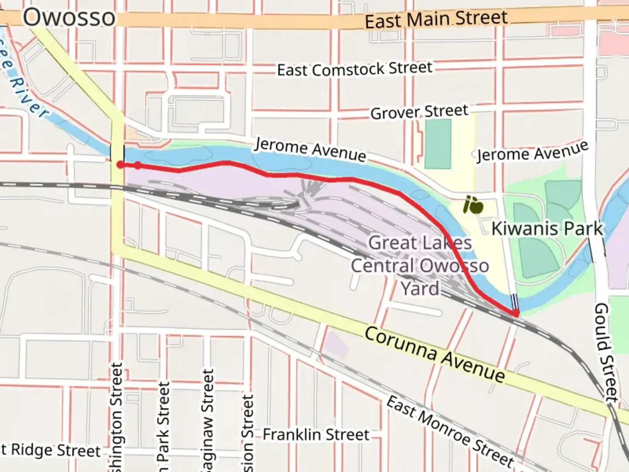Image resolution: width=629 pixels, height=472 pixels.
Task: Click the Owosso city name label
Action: tap(69, 18)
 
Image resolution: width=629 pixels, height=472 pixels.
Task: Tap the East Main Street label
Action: tap(436, 20)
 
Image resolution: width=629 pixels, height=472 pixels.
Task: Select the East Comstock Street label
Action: tap(355, 69)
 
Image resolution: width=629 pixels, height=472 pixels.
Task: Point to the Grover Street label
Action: tap(419, 112)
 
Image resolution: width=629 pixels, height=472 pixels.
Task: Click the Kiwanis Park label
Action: tap(547, 229)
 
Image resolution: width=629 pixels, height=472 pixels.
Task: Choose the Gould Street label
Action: tap(606, 352)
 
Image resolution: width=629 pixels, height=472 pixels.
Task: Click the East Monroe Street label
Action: tap(450, 431)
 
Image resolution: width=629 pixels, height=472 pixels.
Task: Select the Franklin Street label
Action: tap(316, 435)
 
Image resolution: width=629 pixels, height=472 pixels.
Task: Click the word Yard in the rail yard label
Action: tap(420, 289)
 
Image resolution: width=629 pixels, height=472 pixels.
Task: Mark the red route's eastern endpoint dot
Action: tap(516, 313)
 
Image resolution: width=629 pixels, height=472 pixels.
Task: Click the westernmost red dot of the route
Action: tap(120, 165)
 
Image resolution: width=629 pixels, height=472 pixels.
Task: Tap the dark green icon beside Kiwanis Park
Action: tap(473, 205)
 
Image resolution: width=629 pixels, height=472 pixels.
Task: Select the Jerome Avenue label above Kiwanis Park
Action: tap(532, 152)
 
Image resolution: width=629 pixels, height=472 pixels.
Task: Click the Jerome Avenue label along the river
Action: tap(310, 149)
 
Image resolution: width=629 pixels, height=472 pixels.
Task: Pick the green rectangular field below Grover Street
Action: tap(438, 144)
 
